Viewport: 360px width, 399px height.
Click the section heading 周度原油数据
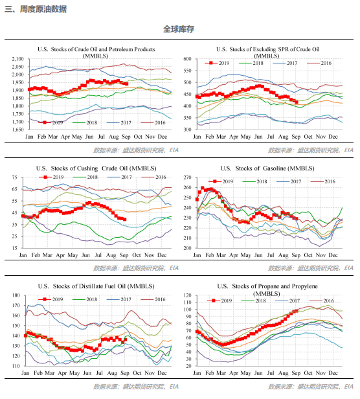click(43, 9)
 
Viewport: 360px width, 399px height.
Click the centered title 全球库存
click(179, 29)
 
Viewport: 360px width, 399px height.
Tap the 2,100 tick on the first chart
click(17, 59)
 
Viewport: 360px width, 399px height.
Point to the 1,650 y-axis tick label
click(17, 130)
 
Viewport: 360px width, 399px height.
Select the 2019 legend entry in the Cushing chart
click(51, 177)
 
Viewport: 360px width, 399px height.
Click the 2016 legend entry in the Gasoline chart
click(323, 181)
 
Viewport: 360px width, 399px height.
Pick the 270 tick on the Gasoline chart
click(187, 177)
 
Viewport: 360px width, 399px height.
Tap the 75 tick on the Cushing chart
click(14, 177)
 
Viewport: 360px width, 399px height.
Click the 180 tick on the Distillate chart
click(16, 295)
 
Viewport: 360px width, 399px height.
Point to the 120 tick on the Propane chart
click(187, 295)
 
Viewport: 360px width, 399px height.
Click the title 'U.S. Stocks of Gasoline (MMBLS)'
click(267, 168)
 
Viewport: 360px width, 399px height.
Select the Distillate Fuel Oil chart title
click(96, 286)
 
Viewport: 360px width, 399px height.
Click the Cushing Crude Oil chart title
click(96, 168)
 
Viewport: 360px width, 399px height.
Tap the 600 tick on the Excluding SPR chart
click(187, 59)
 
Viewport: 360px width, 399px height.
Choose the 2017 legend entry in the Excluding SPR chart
click(285, 63)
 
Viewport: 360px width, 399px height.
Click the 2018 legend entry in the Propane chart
click(253, 301)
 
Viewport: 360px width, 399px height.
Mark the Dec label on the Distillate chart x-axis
click(162, 373)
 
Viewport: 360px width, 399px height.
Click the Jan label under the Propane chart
click(197, 373)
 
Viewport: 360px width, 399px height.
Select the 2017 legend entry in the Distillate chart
click(119, 299)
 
